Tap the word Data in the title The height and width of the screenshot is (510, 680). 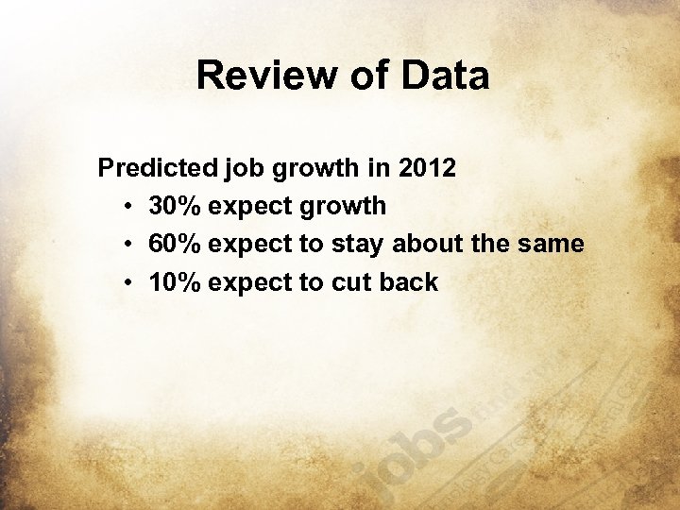tap(446, 76)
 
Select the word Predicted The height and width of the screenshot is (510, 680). tap(158, 169)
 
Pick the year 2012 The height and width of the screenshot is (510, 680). tap(428, 169)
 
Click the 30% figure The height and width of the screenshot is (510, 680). tap(176, 206)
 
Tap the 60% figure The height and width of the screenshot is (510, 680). tap(176, 244)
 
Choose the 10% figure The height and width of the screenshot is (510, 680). tap(176, 281)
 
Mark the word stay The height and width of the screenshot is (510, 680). tap(358, 244)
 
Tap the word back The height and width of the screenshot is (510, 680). tap(409, 281)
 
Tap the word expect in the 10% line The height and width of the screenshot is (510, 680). tap(249, 281)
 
